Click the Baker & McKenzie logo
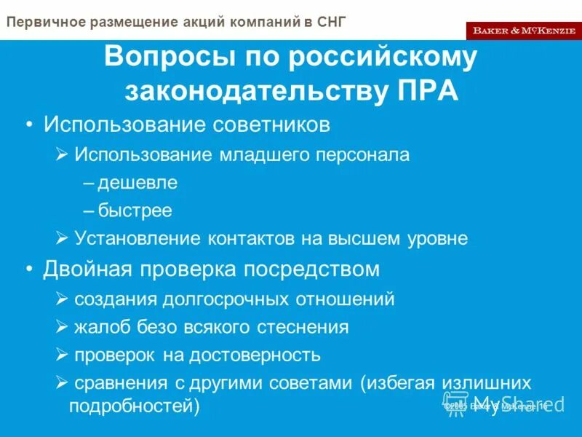point(523,30)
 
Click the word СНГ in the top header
point(331,21)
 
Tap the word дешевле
point(137,183)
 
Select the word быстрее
point(135,211)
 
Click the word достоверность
point(255,355)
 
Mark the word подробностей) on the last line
point(134,406)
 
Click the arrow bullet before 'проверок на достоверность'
point(62,355)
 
